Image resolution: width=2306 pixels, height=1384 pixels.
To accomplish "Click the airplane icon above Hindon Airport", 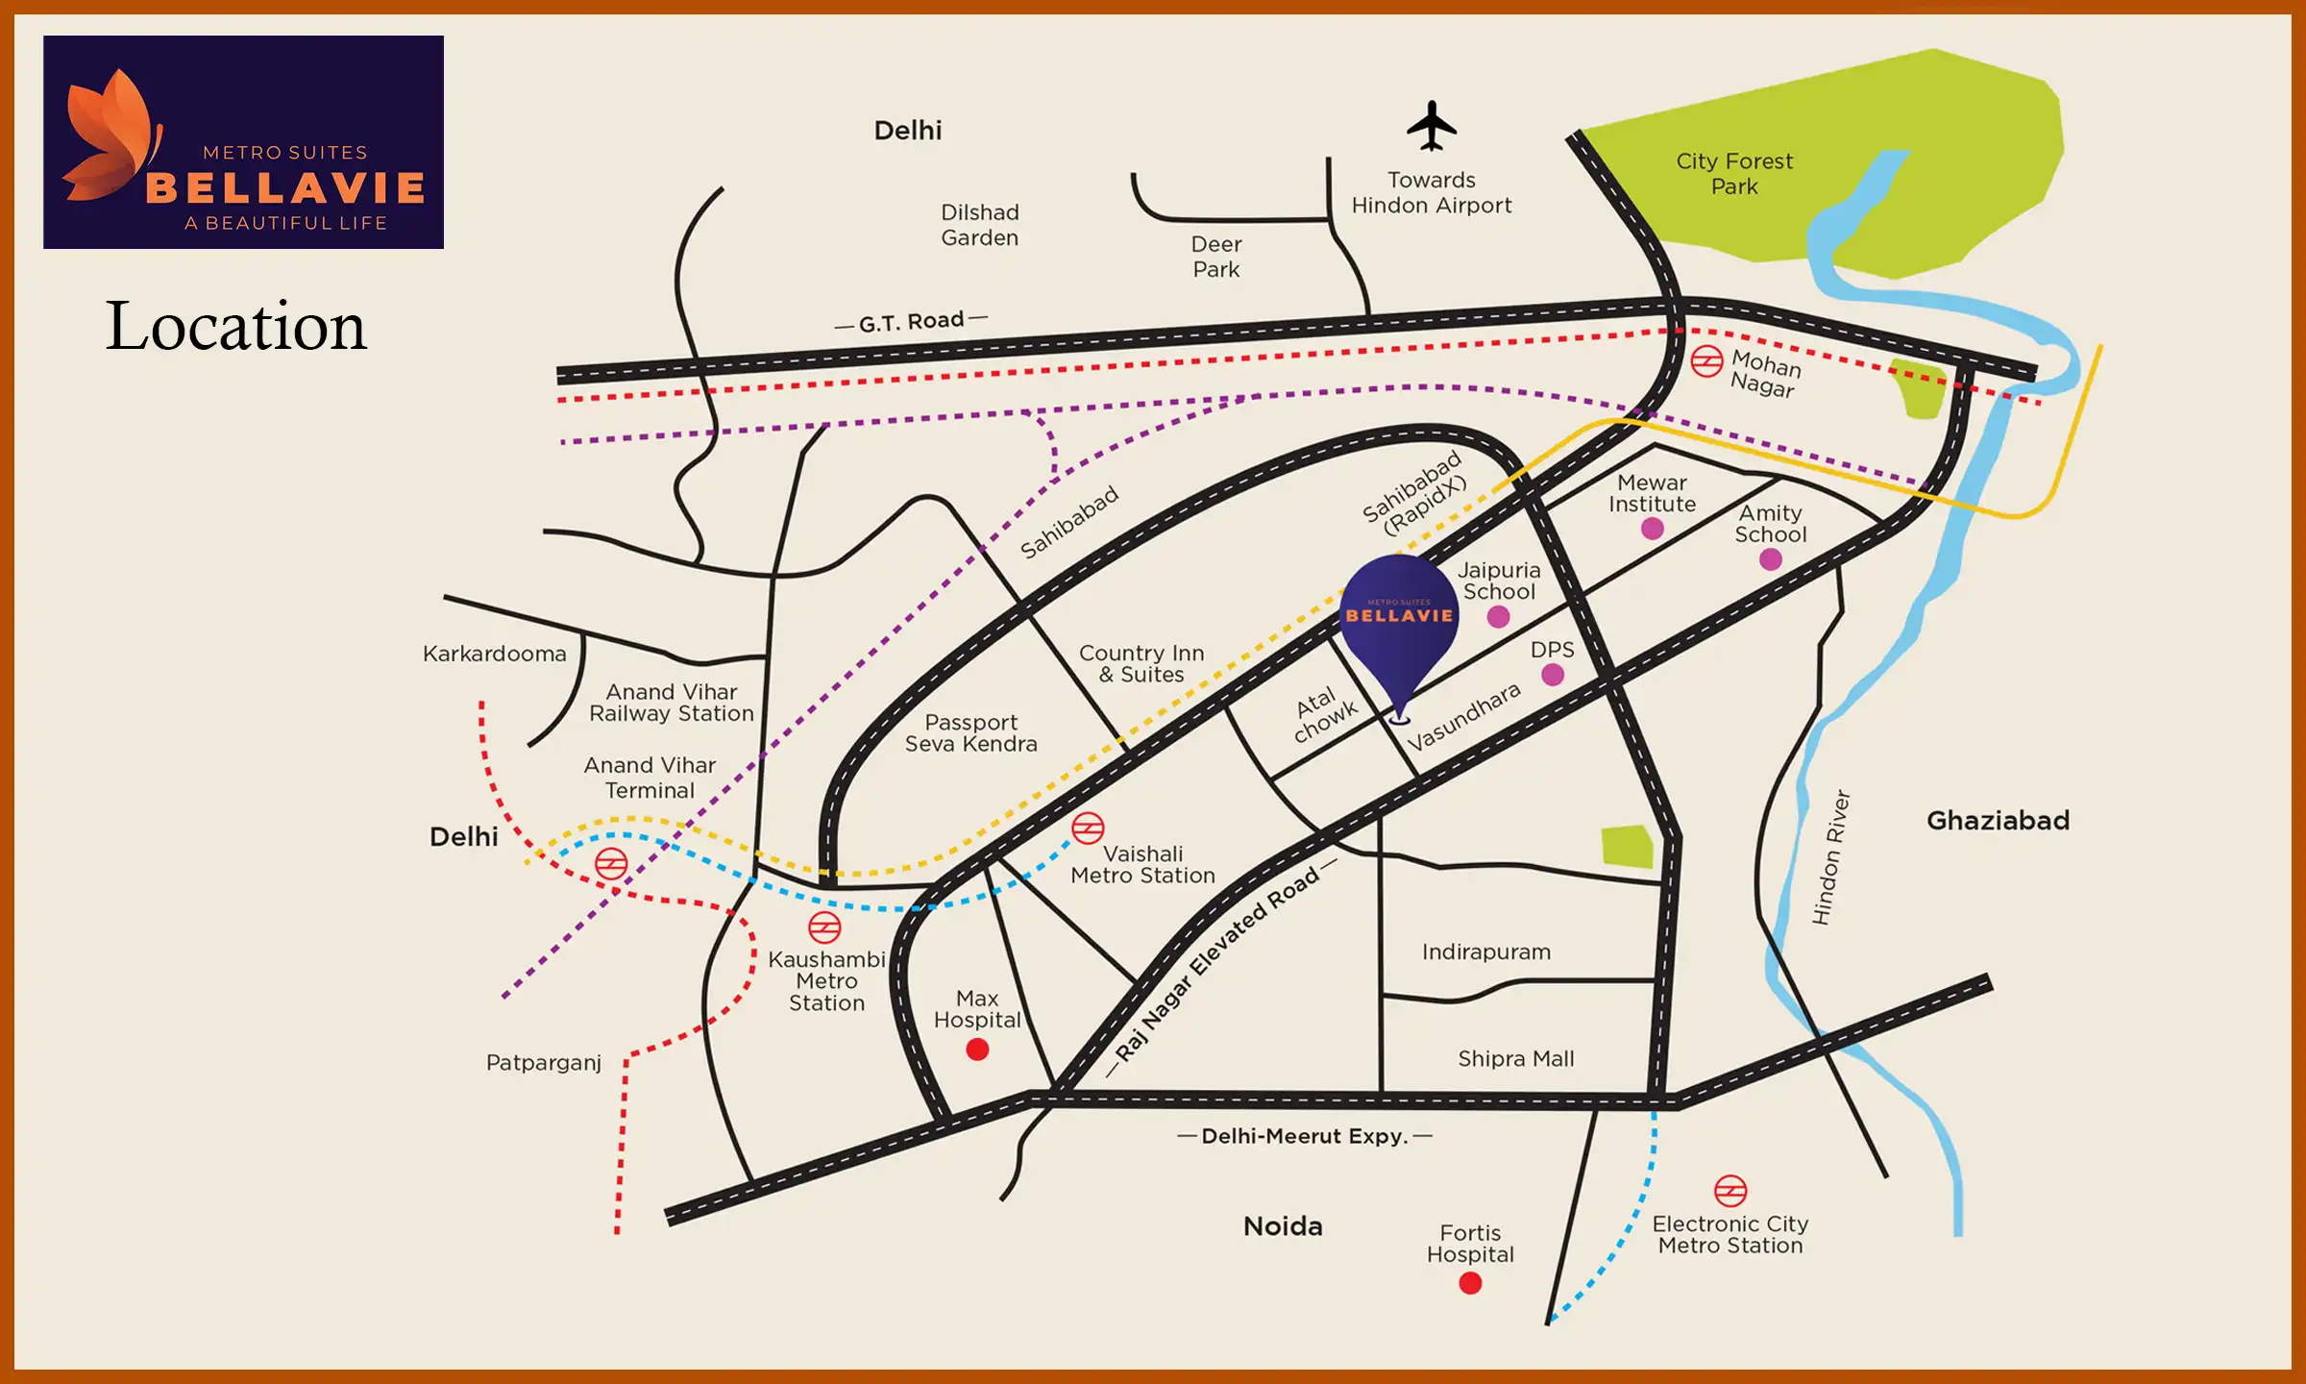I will tap(1432, 126).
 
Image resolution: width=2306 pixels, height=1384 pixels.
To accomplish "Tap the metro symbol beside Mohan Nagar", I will tap(1706, 361).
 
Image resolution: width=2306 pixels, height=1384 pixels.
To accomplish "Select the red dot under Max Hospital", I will tap(977, 1050).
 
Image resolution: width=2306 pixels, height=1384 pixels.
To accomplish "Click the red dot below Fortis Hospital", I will tap(1470, 1283).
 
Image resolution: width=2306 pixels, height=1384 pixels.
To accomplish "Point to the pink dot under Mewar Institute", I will tap(1653, 529).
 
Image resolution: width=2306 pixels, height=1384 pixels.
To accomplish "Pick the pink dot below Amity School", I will tap(1771, 559).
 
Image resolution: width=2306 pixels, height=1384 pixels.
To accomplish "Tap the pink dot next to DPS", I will tap(1553, 675).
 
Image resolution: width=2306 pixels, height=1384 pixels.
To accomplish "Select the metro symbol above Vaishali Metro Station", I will tap(1088, 828).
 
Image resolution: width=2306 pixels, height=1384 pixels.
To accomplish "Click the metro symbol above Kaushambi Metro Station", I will tap(824, 927).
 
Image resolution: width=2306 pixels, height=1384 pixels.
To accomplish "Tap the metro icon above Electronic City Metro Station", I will tap(1730, 1191).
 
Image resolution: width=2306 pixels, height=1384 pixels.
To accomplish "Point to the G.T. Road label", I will tap(911, 321).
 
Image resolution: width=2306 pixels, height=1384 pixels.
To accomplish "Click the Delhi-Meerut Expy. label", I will tap(1304, 1136).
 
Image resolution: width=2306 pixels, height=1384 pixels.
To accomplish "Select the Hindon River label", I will tap(1830, 857).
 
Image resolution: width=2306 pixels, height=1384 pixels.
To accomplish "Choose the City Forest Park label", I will tap(1734, 174).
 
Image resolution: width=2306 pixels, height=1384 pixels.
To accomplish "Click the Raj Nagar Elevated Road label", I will tap(1217, 963).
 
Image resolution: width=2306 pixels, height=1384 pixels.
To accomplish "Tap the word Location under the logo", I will tap(235, 326).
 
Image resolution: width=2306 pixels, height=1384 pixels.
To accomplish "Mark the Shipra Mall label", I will tap(1515, 1058).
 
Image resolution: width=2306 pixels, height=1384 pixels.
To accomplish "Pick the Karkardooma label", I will tap(495, 654).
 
